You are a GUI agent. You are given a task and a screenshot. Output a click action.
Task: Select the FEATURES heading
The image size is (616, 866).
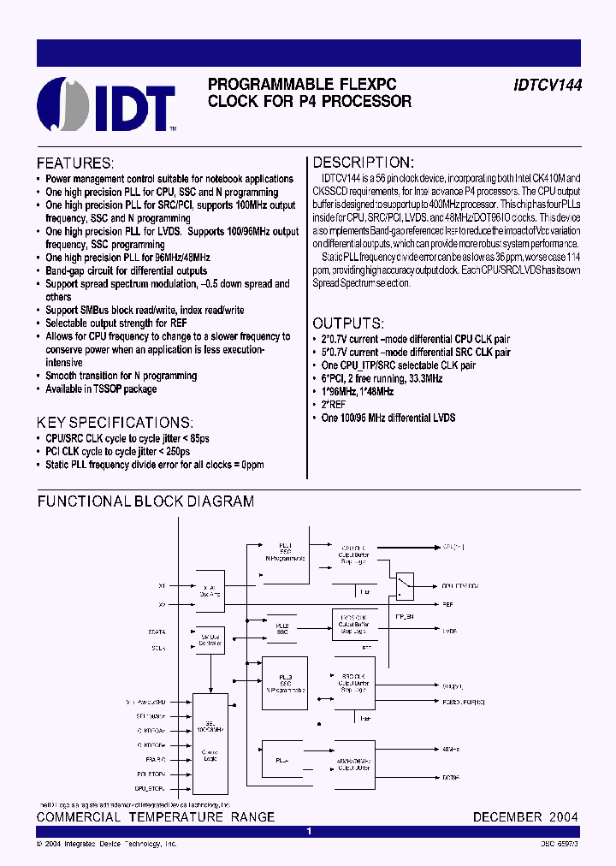click(75, 163)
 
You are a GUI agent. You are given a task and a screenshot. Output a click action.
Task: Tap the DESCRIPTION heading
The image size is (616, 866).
click(363, 163)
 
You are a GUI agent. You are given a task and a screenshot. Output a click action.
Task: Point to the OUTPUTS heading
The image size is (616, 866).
click(347, 323)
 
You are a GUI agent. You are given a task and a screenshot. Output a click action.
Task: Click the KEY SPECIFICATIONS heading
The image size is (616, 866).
click(115, 423)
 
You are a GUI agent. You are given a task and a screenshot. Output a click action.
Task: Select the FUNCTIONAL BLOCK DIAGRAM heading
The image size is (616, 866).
click(145, 501)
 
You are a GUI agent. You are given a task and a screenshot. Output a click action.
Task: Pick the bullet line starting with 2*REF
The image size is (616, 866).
click(335, 405)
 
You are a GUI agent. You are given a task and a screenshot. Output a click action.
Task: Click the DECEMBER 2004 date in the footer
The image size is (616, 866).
click(525, 817)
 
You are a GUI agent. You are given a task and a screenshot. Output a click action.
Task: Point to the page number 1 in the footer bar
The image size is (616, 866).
click(309, 831)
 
